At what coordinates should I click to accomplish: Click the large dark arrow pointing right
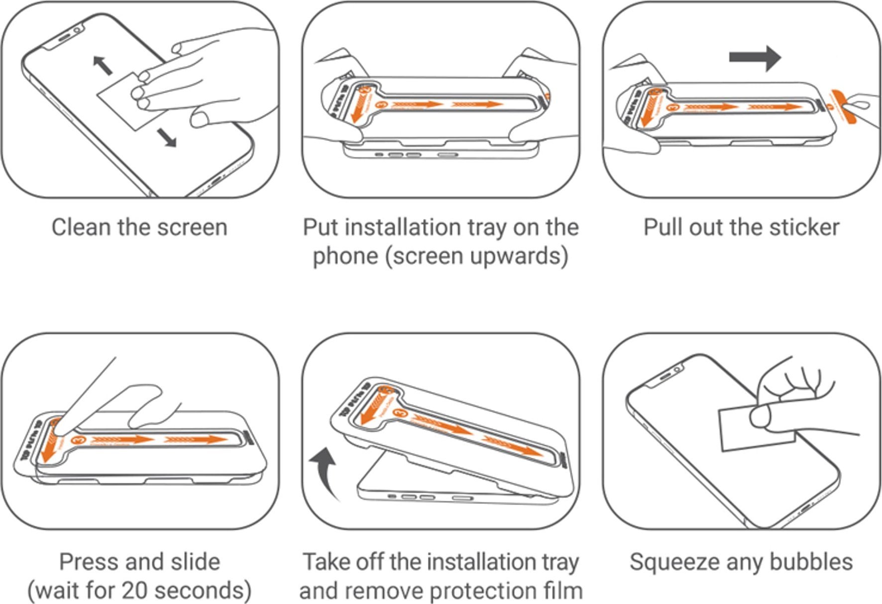click(755, 58)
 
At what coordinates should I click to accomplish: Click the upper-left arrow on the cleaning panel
click(103, 65)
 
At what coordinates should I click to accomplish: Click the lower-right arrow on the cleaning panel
click(167, 137)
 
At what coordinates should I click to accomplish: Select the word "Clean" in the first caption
click(81, 227)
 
